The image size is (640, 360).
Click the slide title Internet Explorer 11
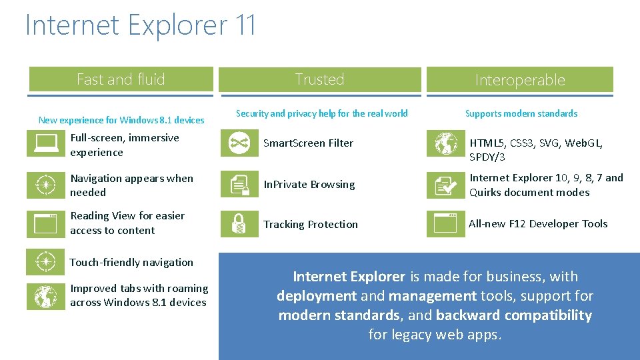141,25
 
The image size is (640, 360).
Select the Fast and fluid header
121,79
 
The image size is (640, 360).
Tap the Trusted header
320,79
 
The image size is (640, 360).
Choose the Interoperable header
520,80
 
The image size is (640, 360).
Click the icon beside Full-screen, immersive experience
45,145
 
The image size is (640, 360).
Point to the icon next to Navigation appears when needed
45,185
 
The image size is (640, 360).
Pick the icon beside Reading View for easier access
45,224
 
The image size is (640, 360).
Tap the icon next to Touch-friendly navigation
45,262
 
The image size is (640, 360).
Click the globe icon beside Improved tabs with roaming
45,296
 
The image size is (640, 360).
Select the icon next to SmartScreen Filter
239,143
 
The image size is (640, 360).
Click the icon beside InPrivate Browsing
239,185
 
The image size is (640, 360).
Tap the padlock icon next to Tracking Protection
239,224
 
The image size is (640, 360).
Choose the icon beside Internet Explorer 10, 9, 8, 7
445,185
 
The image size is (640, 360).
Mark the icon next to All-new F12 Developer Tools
445,224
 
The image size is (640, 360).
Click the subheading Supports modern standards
521,113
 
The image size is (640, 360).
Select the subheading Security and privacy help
321,113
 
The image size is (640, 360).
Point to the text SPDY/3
487,158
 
